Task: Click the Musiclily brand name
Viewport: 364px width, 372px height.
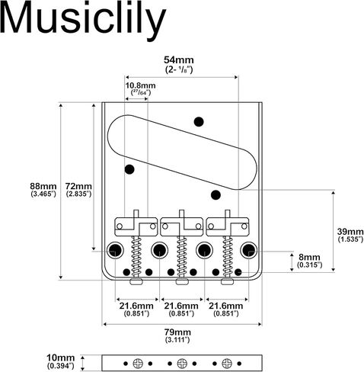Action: [x=82, y=19]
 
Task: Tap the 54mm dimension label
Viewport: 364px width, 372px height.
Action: [x=179, y=60]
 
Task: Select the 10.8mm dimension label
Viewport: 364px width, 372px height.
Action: [x=140, y=85]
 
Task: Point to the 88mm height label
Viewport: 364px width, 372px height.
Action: [x=43, y=186]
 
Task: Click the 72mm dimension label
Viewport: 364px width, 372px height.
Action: [x=78, y=186]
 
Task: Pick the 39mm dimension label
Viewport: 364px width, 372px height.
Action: [x=350, y=232]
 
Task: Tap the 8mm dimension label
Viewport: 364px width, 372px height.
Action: [x=309, y=257]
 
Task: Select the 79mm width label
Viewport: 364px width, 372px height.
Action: [x=177, y=332]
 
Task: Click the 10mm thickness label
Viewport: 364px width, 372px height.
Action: [x=60, y=358]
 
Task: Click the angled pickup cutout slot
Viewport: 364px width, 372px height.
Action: [x=182, y=152]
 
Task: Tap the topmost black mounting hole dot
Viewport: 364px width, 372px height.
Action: [x=199, y=122]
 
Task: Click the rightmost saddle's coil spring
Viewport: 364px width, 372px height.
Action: [x=228, y=256]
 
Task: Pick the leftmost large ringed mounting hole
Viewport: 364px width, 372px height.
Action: [x=115, y=250]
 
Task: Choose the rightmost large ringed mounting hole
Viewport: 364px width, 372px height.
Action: [x=249, y=250]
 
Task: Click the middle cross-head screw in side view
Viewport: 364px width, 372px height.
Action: [x=182, y=364]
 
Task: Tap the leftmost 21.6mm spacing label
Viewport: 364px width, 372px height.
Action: [x=136, y=306]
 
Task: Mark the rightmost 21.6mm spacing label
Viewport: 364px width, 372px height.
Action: [x=226, y=306]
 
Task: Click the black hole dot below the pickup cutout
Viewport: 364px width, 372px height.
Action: [x=216, y=195]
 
